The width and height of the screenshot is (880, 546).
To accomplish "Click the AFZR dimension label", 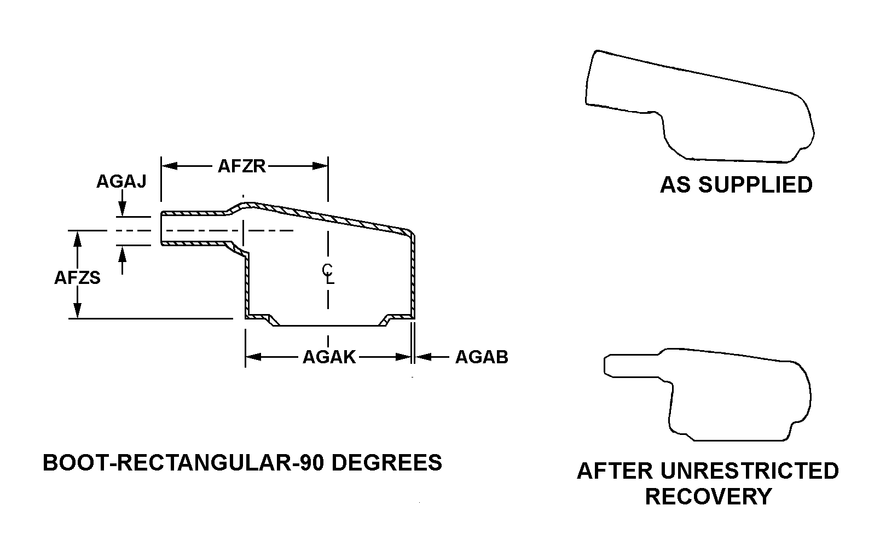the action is point(241,166).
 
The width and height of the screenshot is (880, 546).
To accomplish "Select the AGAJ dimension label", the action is point(121,182).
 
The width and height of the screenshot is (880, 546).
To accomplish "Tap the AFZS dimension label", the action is point(77,278).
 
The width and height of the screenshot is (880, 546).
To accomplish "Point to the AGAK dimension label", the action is point(329,357).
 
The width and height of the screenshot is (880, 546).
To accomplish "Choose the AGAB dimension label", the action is point(482,357).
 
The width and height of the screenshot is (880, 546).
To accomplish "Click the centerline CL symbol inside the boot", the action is point(328,274).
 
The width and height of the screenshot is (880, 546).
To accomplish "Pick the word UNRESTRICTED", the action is point(750,471).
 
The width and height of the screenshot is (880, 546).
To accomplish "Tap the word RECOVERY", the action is point(708,497).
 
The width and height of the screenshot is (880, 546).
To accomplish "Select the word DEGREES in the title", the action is point(386,462).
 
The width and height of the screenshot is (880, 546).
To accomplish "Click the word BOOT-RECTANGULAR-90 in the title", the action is point(183,462).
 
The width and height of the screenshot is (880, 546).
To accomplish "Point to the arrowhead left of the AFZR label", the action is point(170,166).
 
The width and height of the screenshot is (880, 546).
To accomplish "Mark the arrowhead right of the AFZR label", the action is point(320,166).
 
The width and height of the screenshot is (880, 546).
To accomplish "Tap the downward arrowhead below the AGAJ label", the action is point(122,208).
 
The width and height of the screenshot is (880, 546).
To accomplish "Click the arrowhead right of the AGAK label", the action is point(403,357).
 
